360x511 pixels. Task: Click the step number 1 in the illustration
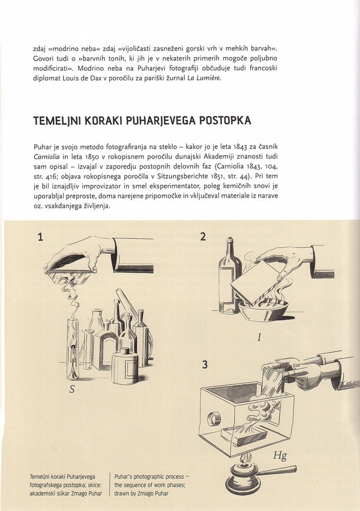click(x=40, y=237)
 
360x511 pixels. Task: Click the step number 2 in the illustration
click(x=203, y=237)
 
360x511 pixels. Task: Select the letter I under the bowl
click(x=259, y=337)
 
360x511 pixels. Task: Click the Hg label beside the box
click(x=280, y=456)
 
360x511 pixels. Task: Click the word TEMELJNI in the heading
click(x=58, y=121)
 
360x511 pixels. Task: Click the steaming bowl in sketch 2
click(x=263, y=308)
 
